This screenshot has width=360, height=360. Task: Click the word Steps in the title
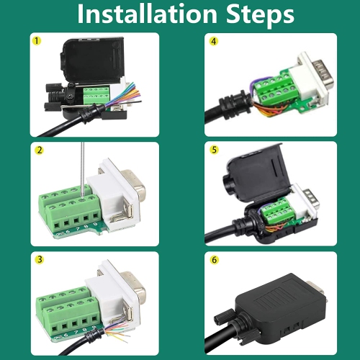[x=253, y=14]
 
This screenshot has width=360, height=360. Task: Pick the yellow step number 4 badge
[x=213, y=41]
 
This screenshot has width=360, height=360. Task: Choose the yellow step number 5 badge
[x=213, y=150]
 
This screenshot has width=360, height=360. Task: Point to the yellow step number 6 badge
[x=213, y=259]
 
